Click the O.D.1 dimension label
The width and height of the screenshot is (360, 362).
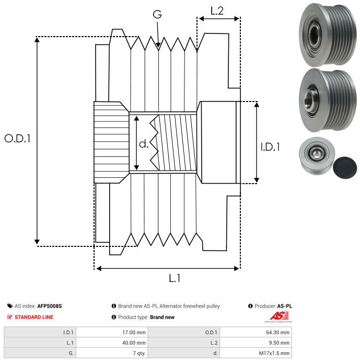click(18, 139)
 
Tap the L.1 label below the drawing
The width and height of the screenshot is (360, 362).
click(175, 279)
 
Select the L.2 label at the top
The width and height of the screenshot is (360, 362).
click(217, 11)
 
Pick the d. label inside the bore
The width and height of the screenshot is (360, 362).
click(144, 144)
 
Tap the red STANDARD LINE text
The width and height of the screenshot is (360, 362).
click(34, 317)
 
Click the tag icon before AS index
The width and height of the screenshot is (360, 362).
click(10, 306)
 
